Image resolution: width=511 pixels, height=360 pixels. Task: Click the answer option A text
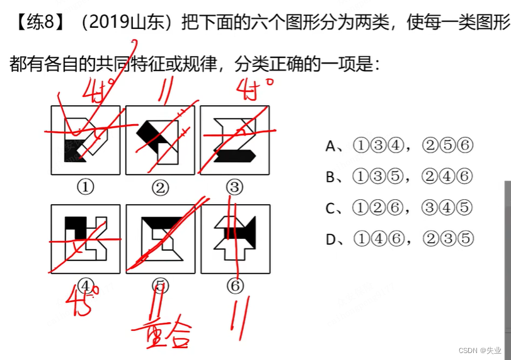point(398,146)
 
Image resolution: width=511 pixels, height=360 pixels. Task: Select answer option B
point(398,177)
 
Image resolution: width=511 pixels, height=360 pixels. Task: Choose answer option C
point(398,208)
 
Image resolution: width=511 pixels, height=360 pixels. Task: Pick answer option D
point(398,239)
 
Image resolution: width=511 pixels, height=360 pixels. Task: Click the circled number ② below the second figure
point(160,187)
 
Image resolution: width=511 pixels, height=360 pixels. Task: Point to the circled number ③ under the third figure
point(235,187)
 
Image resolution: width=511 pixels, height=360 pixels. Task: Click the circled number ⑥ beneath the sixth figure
point(235,286)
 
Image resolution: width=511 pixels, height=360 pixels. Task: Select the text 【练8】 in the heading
point(38,23)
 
